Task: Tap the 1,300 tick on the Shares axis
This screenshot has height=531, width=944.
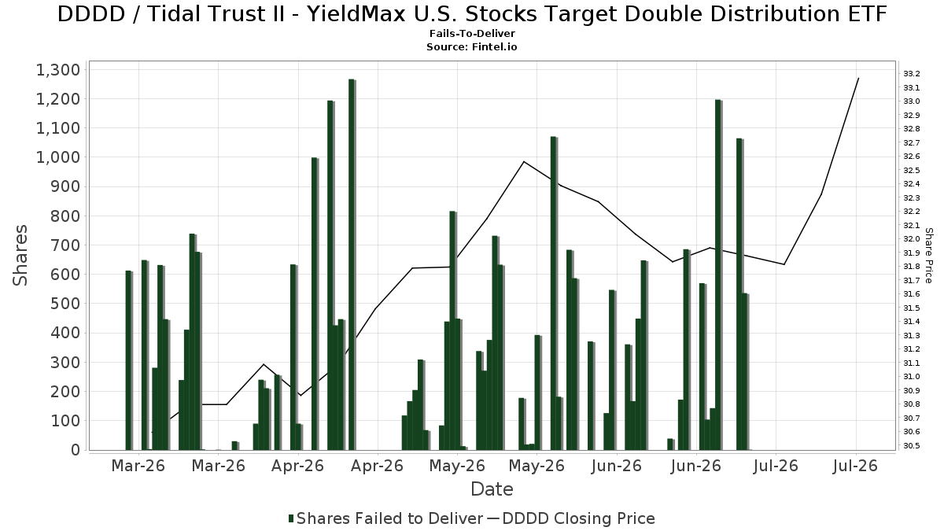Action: (x=58, y=70)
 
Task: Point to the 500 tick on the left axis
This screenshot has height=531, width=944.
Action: (x=65, y=304)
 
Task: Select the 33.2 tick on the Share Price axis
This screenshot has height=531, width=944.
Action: (x=912, y=74)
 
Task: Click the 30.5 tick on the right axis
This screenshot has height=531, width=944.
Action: (x=912, y=446)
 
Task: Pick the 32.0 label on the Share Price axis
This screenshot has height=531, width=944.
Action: (x=912, y=239)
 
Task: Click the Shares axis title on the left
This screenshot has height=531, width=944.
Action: (x=20, y=256)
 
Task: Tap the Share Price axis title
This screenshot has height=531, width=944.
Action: (x=928, y=256)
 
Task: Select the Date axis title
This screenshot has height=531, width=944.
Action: (x=492, y=489)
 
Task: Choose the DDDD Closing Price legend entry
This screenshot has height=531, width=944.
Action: (x=571, y=518)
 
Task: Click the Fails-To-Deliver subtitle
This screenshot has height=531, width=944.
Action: (x=472, y=34)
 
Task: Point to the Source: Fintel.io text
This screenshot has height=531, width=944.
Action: (x=472, y=46)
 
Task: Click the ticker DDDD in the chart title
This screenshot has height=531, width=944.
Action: (x=91, y=14)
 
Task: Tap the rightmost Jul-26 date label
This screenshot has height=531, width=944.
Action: (x=855, y=466)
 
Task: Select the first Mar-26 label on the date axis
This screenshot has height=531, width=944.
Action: (x=138, y=466)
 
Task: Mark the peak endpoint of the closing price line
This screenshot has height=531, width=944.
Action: (x=858, y=78)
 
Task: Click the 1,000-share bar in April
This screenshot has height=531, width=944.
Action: (x=315, y=304)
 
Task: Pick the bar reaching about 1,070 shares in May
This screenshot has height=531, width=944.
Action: (x=554, y=293)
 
